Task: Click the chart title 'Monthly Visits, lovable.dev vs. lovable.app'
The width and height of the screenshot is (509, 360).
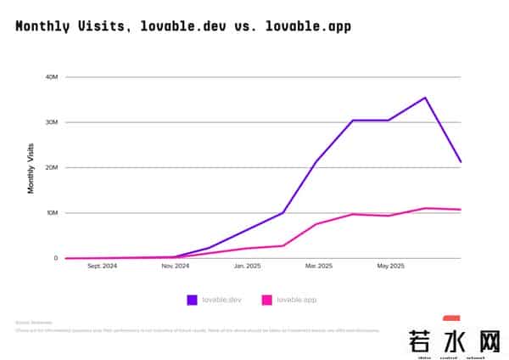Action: coord(182,26)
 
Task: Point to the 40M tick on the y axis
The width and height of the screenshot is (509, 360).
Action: coord(52,77)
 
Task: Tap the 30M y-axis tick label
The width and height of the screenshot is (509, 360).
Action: coord(52,122)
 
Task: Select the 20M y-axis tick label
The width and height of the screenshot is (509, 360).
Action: coord(52,167)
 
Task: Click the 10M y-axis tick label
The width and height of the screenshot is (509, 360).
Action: coord(52,213)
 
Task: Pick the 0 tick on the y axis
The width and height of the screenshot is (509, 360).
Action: coord(56,258)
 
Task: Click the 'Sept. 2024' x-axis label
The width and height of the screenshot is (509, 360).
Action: coord(102,267)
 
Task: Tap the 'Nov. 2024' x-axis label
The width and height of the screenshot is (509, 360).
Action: coord(175,267)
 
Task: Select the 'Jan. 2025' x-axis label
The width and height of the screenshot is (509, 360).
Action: coord(247,267)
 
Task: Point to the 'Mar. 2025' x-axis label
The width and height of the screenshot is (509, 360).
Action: coord(319,267)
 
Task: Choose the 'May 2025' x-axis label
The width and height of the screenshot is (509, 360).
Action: coord(390,267)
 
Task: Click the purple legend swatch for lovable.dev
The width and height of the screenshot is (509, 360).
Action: coord(193,300)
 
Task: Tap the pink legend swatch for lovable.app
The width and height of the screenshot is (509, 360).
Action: coord(266,300)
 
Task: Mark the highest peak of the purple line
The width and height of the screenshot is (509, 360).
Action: coord(425,98)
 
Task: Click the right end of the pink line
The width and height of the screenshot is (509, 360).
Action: coord(461,210)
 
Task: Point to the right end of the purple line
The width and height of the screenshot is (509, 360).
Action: coord(461,161)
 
